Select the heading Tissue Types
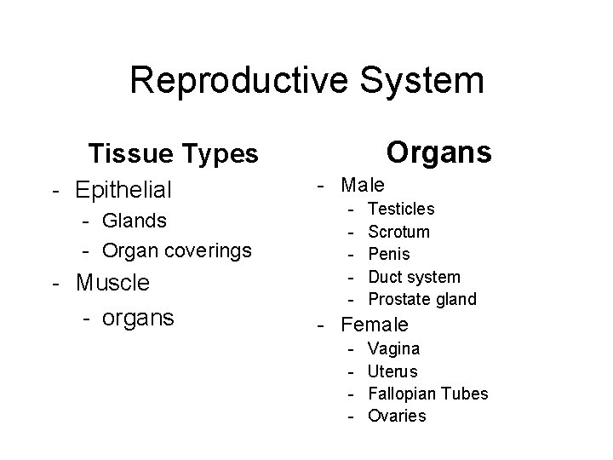(x=173, y=154)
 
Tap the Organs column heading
(x=438, y=152)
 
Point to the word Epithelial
(x=123, y=188)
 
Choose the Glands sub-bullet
(x=134, y=221)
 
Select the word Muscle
(x=112, y=282)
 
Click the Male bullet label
(x=363, y=184)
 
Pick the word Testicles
(x=401, y=209)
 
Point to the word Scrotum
(x=398, y=232)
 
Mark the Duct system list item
(x=414, y=277)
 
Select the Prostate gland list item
(x=422, y=299)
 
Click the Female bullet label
(x=374, y=325)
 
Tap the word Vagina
(x=393, y=348)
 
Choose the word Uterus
(x=392, y=371)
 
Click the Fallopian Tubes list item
(x=427, y=394)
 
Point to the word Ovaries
(x=397, y=416)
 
